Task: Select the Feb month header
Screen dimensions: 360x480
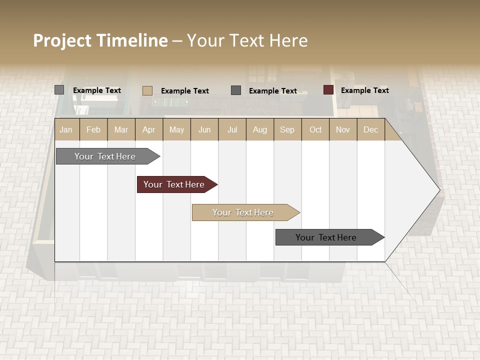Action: [x=93, y=129]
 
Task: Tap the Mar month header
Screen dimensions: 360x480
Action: [x=121, y=129]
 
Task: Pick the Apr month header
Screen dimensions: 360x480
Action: [x=149, y=129]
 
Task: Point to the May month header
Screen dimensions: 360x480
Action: [x=176, y=129]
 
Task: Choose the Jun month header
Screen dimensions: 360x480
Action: [x=204, y=129]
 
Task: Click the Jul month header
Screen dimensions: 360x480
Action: [x=232, y=129]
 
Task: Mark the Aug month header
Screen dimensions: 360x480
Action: [x=260, y=129]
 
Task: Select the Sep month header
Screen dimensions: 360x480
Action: [x=287, y=129]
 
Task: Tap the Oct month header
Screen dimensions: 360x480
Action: [x=315, y=129]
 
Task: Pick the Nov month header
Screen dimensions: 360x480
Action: [x=343, y=129]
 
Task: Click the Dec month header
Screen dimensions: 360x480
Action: [x=371, y=129]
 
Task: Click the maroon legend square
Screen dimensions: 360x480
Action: [x=328, y=90]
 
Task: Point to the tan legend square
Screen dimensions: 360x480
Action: [x=147, y=90]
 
